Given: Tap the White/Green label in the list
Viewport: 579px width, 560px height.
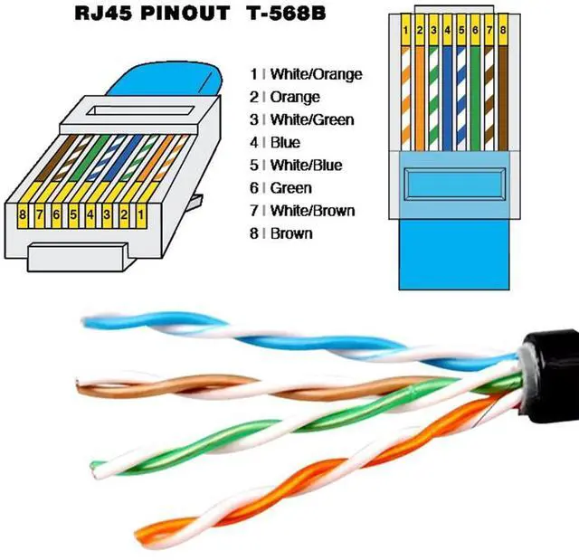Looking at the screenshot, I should [311, 120].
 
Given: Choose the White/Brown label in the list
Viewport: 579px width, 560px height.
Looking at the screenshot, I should [311, 211].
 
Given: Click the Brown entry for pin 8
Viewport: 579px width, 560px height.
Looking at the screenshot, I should [290, 233].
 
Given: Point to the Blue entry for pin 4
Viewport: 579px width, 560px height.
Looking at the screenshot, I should [285, 143].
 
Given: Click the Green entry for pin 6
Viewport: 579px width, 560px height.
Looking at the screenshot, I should [290, 188].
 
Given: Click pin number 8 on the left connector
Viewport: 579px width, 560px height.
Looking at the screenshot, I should [22, 215].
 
